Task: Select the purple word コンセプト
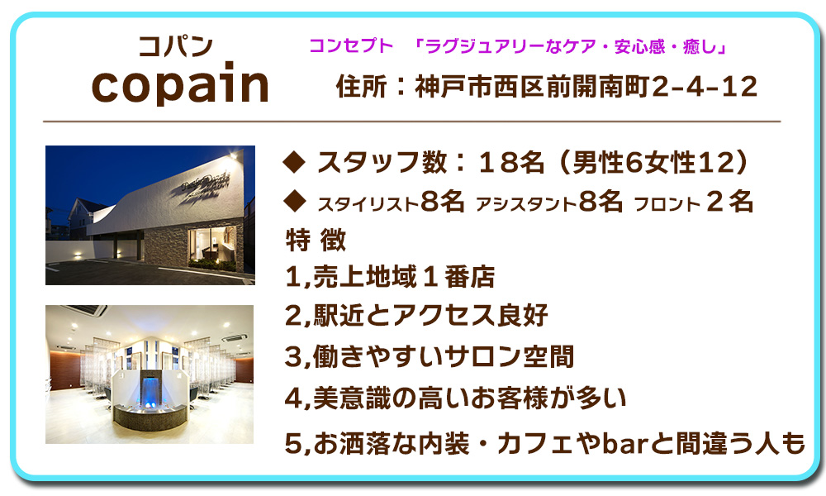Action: tap(351, 45)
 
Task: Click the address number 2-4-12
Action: tap(705, 87)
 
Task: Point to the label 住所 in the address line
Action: tap(362, 87)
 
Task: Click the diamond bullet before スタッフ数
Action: tap(294, 162)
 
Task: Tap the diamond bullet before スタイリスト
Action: tap(294, 202)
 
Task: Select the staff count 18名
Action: tap(511, 162)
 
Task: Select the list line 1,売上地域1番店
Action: tap(390, 277)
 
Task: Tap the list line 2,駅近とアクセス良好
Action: tap(416, 315)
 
